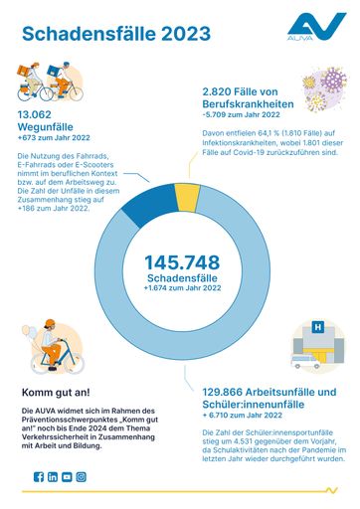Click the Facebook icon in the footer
[x=39, y=477]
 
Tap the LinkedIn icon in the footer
[x=53, y=477]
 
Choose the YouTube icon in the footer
[x=67, y=477]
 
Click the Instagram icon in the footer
[x=81, y=477]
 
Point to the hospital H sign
[x=317, y=326]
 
